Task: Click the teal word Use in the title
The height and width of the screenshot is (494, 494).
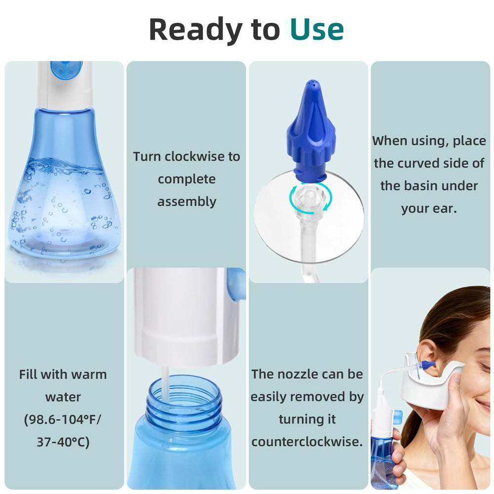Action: [317, 29]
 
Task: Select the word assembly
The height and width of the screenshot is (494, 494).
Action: [187, 202]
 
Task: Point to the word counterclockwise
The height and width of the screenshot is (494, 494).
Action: [307, 441]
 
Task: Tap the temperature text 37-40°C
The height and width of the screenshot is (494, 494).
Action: [63, 442]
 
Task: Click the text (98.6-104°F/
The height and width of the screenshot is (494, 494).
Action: [63, 419]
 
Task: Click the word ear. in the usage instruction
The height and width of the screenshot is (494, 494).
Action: [444, 208]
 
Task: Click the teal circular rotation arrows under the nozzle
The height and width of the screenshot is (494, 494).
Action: [311, 198]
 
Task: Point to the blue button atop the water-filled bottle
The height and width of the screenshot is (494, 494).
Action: [67, 70]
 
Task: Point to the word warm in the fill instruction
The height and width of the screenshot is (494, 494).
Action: [89, 374]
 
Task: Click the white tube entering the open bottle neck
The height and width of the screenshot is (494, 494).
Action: [165, 384]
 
